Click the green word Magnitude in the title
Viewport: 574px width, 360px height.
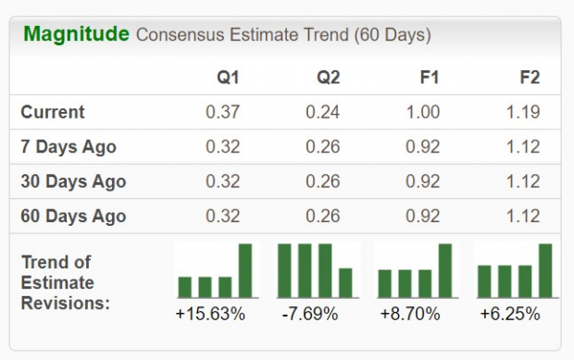76,35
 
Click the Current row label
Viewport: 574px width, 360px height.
53,112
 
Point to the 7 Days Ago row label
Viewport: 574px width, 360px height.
69,147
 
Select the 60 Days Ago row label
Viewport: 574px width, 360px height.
73,217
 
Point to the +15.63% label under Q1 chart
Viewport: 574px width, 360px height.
210,314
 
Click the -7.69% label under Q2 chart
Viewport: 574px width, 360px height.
310,314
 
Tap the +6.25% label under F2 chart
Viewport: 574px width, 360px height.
510,314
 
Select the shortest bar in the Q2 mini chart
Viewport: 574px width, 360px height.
345,283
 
